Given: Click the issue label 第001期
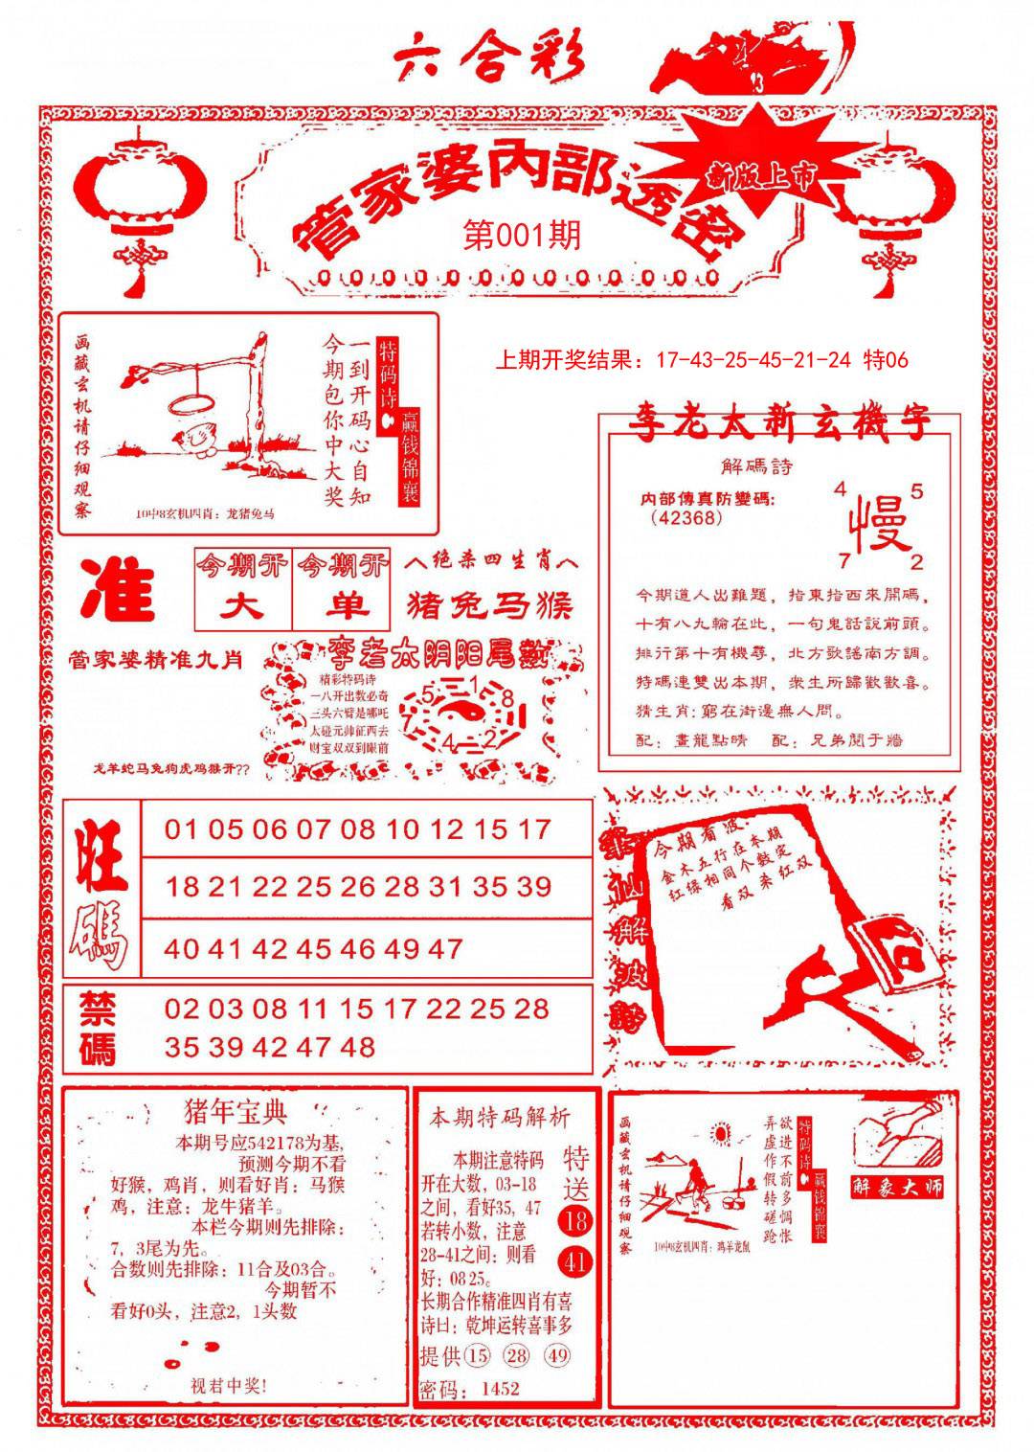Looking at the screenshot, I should click(522, 235).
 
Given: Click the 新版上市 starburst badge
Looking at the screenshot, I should click(762, 176).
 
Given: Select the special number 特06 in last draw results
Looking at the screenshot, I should click(886, 360).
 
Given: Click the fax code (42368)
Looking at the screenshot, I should click(686, 518).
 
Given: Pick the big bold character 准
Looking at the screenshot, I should click(118, 588).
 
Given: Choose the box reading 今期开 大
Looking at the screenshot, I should click(242, 588).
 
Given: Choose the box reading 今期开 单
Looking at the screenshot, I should click(342, 588).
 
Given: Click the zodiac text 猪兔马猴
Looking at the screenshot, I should click(489, 605).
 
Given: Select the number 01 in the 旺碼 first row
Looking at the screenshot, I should click(181, 829).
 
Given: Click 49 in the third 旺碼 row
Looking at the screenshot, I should click(402, 949).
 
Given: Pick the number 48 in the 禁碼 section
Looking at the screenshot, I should click(357, 1047).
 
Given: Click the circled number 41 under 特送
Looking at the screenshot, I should click(575, 1261).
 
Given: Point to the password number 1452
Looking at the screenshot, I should click(501, 1389).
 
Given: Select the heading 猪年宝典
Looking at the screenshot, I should click(235, 1112).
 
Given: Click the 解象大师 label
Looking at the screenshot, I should click(897, 1187).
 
